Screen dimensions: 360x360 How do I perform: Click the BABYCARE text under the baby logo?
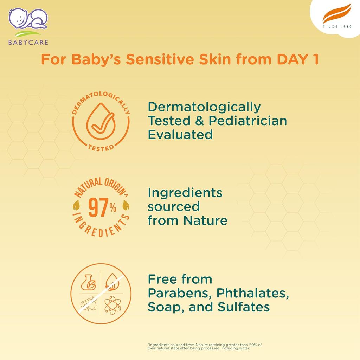coord(28,42)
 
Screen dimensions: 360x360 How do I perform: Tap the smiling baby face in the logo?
coord(18,18)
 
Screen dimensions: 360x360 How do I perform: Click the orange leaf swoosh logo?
coord(337,13)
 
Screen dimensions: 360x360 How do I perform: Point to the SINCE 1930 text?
coord(337,27)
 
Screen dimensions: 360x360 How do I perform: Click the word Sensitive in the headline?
coord(160,59)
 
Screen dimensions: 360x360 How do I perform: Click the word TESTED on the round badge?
coord(101,148)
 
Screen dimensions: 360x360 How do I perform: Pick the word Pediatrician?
coord(248,121)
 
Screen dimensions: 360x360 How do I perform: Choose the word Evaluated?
coord(180,134)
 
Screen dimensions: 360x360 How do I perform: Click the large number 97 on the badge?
coord(98,207)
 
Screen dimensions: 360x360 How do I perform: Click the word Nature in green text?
coord(205,220)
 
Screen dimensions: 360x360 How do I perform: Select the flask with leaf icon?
coord(89,282)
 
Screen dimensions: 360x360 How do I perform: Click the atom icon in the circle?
coord(112,305)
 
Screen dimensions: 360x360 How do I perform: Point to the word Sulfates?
coord(244,307)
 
